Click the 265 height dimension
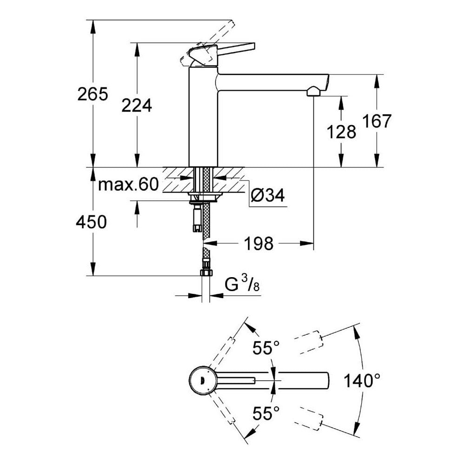click(93, 94)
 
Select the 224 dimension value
click(137, 106)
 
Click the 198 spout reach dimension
click(259, 243)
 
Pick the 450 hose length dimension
click(92, 222)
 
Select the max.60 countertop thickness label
click(128, 185)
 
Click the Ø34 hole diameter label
click(267, 196)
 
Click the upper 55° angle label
click(266, 348)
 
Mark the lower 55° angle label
click(266, 412)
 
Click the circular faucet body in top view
click(202, 380)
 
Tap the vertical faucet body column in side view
click(203, 116)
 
